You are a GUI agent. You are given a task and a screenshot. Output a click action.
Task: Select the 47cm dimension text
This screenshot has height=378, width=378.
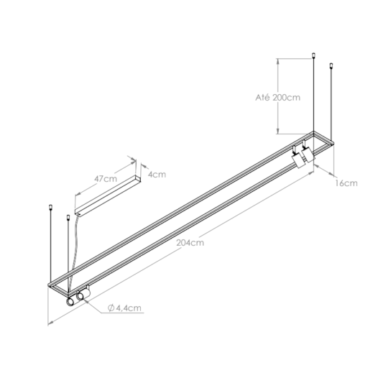(x=105, y=178)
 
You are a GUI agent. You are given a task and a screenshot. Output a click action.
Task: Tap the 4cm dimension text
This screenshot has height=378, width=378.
(x=157, y=173)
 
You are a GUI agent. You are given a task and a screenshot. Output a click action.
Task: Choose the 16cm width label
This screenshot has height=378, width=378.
(x=347, y=183)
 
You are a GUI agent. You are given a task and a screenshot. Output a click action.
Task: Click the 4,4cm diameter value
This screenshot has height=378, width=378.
(x=129, y=308)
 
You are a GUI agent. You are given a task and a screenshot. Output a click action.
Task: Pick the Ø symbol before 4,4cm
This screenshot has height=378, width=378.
(x=113, y=308)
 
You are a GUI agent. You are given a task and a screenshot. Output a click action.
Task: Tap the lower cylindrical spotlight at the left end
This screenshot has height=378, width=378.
(x=70, y=303)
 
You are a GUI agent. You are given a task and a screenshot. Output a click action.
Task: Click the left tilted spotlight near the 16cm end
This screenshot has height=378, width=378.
(x=295, y=159)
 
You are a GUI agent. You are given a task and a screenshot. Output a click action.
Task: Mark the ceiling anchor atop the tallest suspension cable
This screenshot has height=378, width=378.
(x=313, y=55)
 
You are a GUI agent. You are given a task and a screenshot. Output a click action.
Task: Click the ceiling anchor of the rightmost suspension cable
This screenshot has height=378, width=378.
(x=331, y=67)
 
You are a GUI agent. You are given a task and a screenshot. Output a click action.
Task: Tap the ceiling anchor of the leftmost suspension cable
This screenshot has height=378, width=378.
(x=50, y=209)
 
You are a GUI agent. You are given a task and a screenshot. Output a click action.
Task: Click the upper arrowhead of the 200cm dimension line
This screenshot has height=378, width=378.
(x=277, y=61)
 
